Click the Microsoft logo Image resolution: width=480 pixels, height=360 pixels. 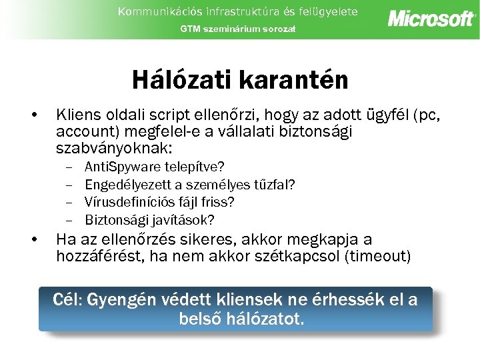coord(431,18)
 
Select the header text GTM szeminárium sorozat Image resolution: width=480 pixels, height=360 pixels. coord(237,29)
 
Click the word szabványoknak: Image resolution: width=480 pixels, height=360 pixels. coord(114,148)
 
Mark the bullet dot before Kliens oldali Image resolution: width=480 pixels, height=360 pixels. coord(34,115)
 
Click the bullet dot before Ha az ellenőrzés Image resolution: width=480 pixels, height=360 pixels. coord(34,240)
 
